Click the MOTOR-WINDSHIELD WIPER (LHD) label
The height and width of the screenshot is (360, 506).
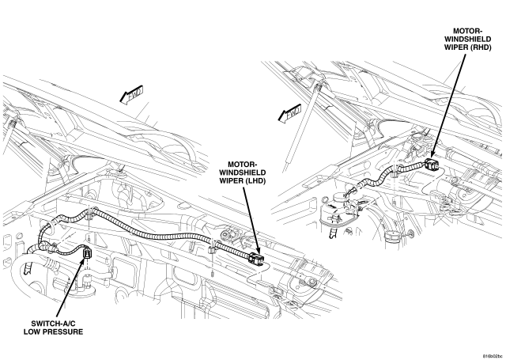click(243, 172)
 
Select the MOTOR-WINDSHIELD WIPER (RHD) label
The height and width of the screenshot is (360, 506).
click(467, 39)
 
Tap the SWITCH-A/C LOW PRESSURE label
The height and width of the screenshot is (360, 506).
click(53, 328)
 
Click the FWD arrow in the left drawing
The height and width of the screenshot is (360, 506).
click(131, 95)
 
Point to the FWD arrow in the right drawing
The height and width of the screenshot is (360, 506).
click(290, 113)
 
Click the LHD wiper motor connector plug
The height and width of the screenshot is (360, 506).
click(256, 257)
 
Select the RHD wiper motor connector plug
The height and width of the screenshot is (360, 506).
click(432, 165)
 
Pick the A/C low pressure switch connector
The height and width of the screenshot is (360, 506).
click(87, 253)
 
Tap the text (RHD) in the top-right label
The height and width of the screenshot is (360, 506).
click(481, 47)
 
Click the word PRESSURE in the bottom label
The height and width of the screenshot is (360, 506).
click(66, 332)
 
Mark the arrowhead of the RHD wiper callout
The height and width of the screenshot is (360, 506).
click(432, 154)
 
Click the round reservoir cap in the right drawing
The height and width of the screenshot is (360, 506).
click(338, 197)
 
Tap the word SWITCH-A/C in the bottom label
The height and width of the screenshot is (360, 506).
click(53, 324)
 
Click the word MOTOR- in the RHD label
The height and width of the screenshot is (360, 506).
click(467, 31)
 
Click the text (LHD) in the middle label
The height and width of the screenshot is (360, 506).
click(255, 181)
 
